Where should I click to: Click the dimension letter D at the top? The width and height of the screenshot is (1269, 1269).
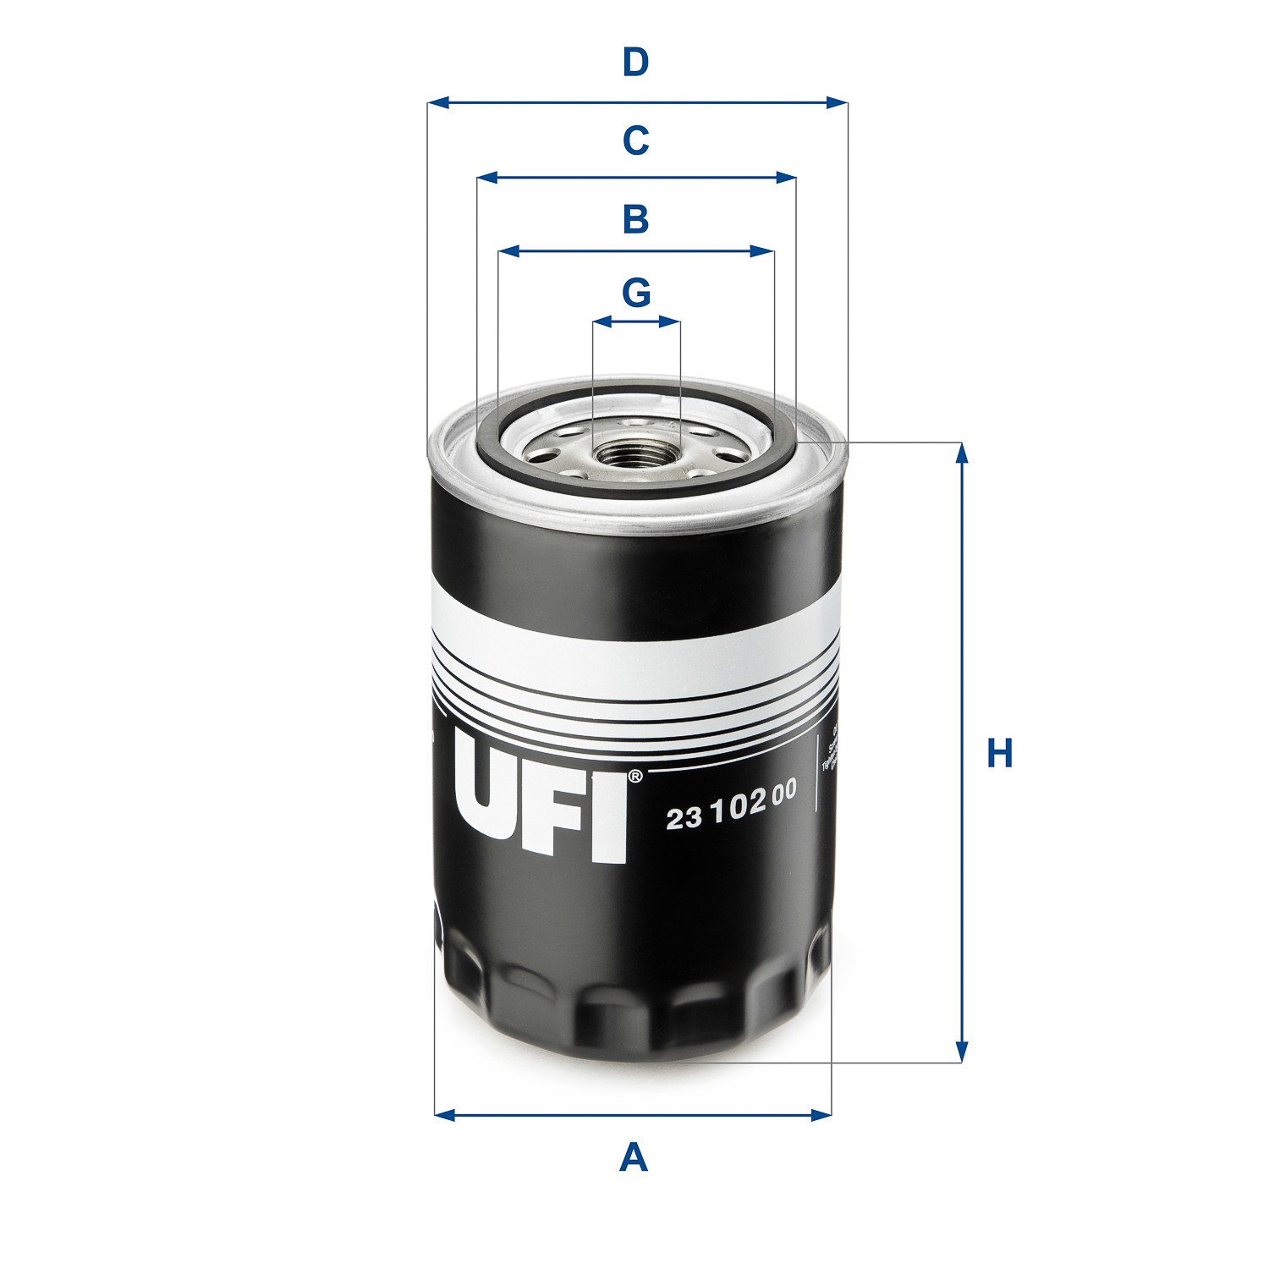635,63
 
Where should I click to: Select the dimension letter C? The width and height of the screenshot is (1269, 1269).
635,140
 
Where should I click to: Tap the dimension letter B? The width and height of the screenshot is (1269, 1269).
635,219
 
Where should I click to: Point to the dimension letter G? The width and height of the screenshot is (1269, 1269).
636,293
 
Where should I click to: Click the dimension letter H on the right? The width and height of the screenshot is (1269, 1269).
1000,753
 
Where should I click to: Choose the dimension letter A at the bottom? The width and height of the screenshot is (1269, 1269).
634,1156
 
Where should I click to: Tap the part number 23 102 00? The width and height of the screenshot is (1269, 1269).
731,805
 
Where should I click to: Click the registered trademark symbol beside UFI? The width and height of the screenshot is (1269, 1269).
635,775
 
